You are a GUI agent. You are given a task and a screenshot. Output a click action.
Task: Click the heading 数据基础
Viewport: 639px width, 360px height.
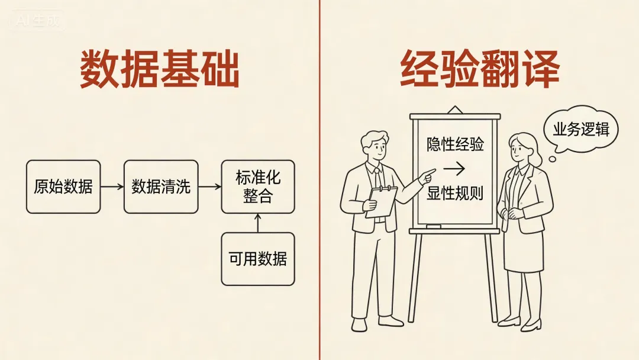(x=160, y=69)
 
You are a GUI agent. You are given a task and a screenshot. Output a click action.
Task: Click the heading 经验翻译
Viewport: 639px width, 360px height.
(x=480, y=69)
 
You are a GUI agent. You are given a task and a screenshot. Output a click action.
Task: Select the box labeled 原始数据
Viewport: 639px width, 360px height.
(x=63, y=187)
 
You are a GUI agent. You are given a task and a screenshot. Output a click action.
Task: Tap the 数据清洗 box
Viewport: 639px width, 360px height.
(x=161, y=187)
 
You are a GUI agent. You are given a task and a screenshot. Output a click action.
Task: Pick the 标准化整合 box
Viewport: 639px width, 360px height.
(x=258, y=187)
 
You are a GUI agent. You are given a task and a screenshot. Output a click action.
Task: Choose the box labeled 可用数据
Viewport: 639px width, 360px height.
(x=258, y=259)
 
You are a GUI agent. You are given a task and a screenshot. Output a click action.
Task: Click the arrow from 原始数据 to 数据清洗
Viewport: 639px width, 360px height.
(x=112, y=187)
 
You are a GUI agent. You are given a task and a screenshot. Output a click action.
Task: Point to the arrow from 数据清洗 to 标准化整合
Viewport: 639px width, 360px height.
(x=209, y=187)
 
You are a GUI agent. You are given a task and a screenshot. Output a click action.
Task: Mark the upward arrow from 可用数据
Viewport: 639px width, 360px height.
(x=258, y=223)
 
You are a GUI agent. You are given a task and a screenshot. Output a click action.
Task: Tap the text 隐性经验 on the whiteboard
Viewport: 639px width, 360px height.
(x=455, y=144)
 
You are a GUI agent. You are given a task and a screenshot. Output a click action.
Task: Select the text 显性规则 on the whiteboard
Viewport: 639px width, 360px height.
(x=455, y=193)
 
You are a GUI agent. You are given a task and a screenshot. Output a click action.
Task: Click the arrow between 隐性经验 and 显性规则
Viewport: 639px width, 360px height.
(x=454, y=169)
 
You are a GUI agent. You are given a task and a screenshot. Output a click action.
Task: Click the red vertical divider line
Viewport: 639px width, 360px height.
(x=319, y=237)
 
